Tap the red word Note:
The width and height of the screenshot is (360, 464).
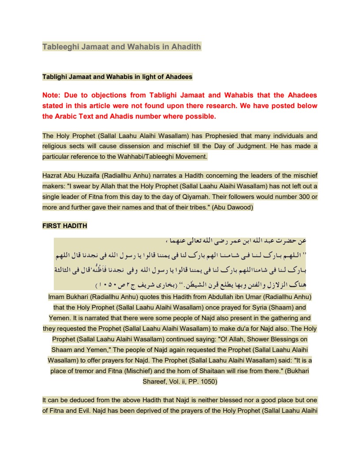click(x=52, y=95)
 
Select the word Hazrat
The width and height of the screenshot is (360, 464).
click(x=52, y=176)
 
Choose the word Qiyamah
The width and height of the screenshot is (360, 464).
click(x=189, y=196)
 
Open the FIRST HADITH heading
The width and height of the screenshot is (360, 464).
click(x=64, y=226)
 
